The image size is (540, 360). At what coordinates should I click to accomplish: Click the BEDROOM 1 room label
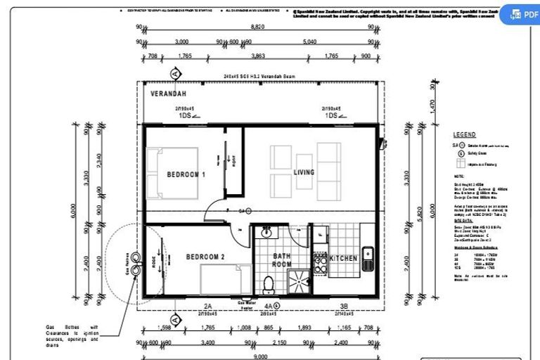click(x=186, y=174)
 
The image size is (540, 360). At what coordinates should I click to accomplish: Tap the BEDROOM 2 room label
click(x=205, y=257)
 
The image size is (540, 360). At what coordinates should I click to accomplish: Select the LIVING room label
click(x=304, y=172)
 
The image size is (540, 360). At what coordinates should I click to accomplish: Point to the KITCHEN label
click(x=344, y=259)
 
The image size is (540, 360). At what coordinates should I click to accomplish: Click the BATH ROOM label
click(x=282, y=261)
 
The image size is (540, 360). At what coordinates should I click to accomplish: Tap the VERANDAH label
click(x=167, y=93)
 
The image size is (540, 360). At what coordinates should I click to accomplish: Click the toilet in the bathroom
click(x=268, y=284)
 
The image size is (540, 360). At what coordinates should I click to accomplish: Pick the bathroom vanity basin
click(x=266, y=233)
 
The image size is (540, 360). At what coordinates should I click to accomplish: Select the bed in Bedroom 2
click(x=225, y=279)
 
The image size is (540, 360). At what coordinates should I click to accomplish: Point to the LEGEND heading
click(x=464, y=134)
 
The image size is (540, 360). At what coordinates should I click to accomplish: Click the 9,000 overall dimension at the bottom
click(x=259, y=356)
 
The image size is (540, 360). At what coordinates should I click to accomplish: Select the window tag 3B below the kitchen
click(x=344, y=307)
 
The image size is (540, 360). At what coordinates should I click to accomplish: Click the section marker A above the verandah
click(x=174, y=72)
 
